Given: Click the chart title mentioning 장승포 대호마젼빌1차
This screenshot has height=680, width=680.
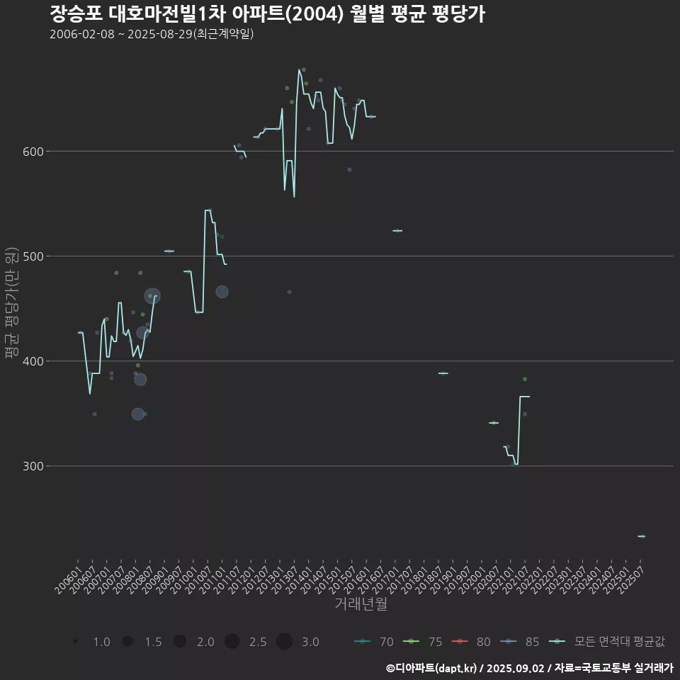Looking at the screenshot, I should [x=267, y=13].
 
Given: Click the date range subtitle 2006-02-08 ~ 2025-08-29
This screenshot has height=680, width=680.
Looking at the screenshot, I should [x=152, y=34].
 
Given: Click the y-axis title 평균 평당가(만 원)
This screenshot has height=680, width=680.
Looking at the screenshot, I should [x=11, y=303].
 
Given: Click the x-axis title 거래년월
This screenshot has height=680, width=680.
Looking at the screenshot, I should [x=361, y=604].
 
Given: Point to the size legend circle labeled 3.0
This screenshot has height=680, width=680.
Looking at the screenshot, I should [x=284, y=642].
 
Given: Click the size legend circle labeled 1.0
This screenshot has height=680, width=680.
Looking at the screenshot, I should [x=75, y=642].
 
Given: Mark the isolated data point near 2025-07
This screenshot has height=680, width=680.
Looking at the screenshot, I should [x=642, y=536].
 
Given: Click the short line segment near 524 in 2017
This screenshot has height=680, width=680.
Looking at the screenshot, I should [x=397, y=230].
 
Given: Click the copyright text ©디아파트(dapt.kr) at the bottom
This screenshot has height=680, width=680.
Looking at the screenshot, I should [x=433, y=668].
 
